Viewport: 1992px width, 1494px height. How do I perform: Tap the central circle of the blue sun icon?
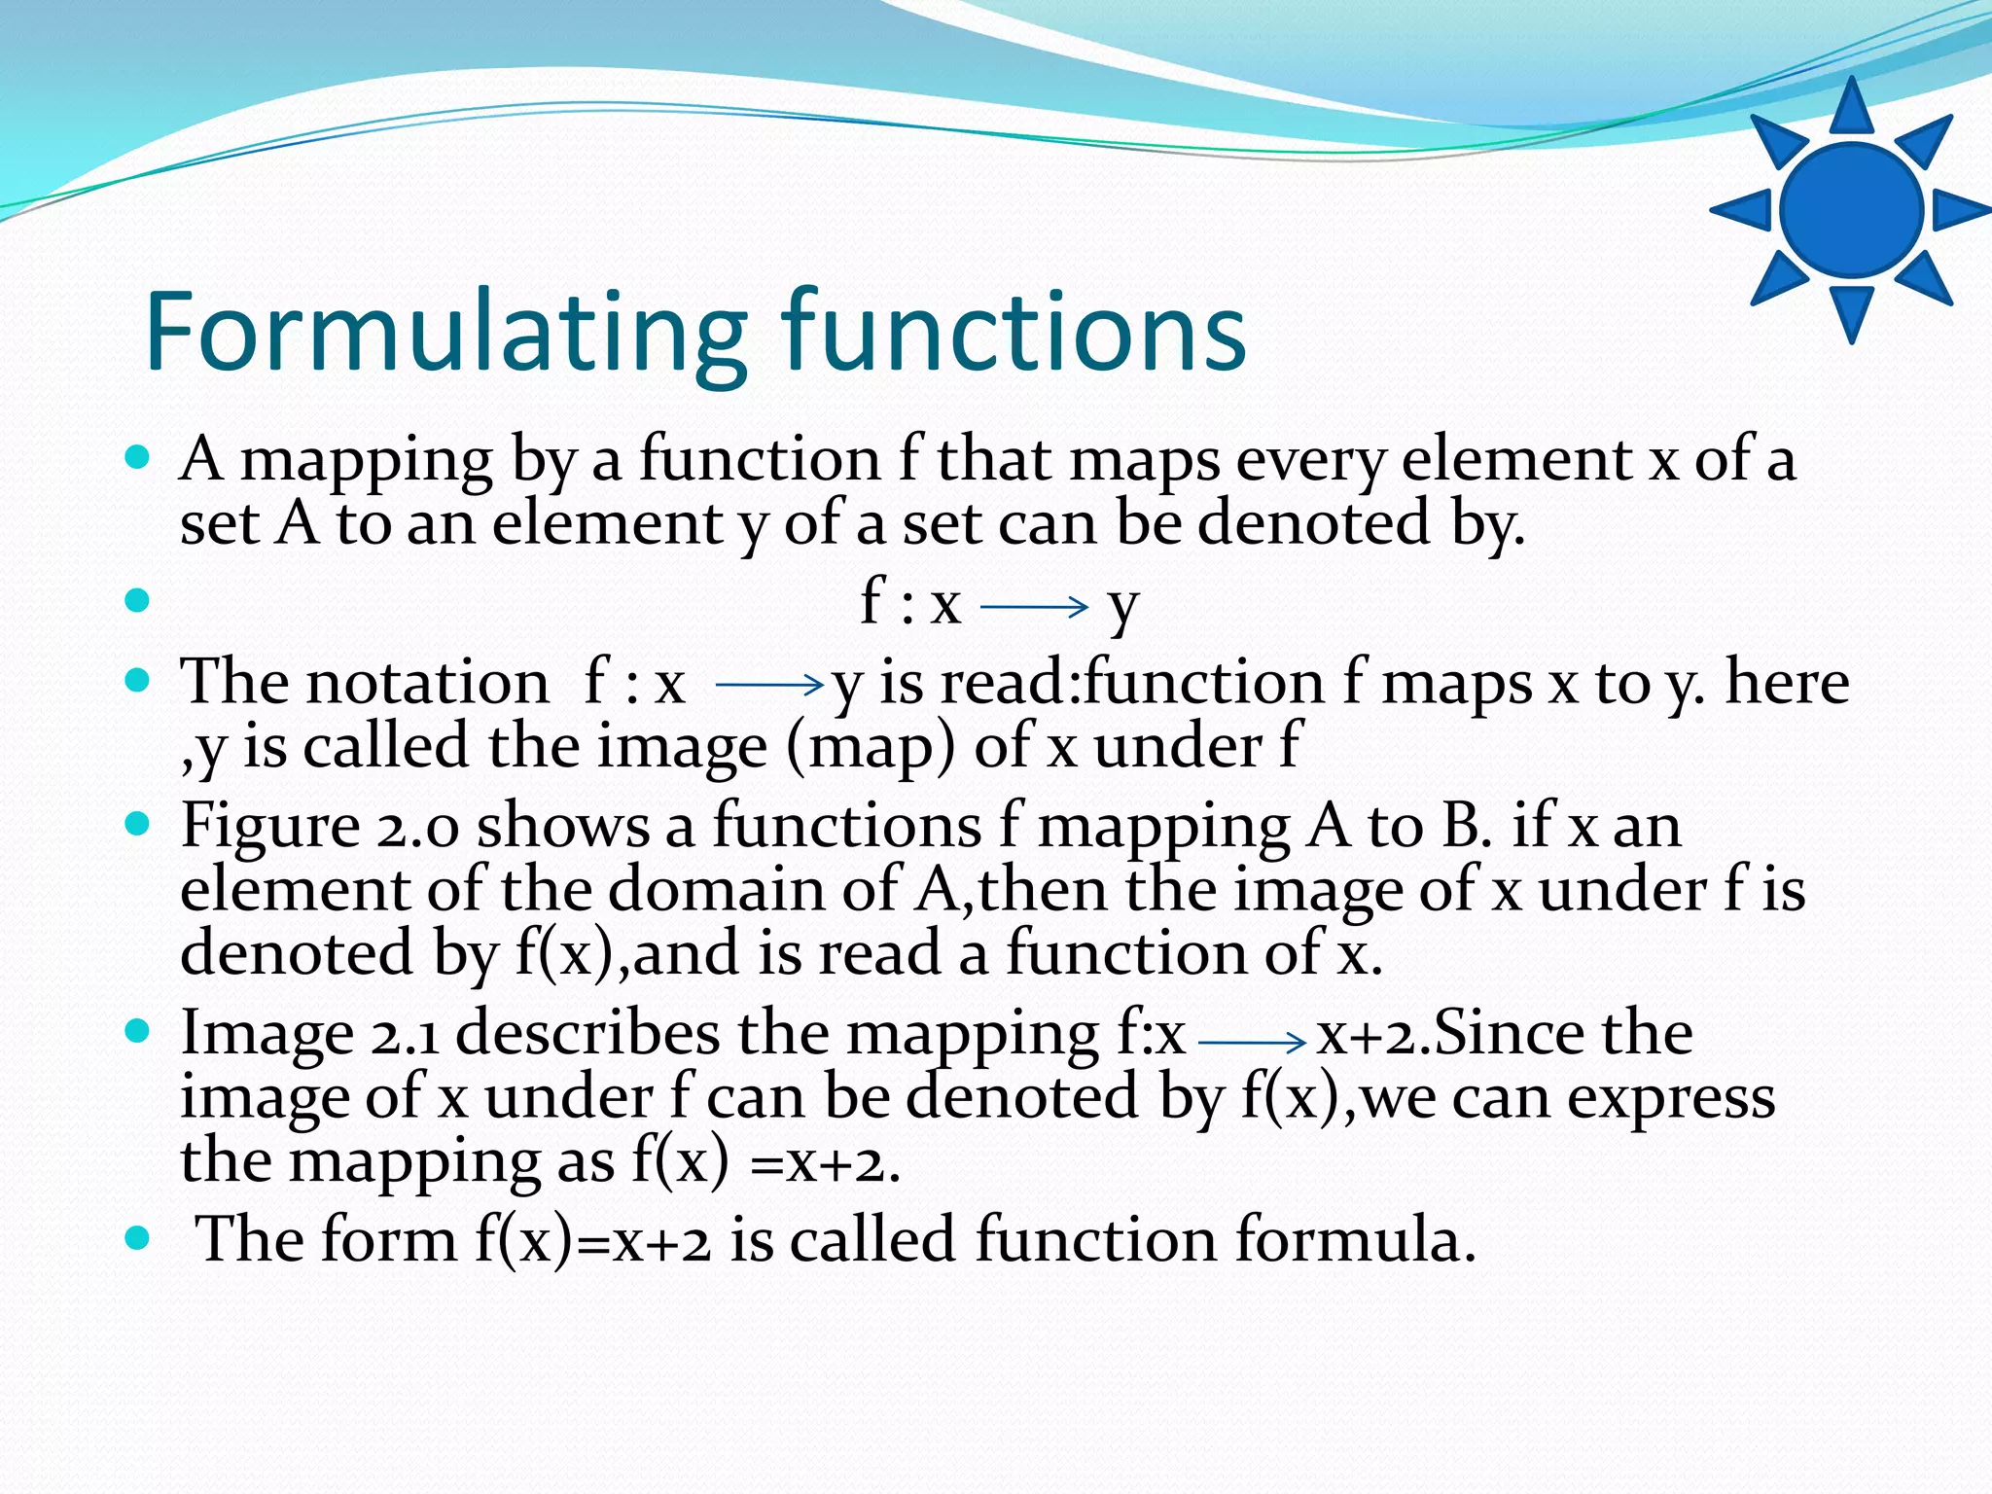point(1851,210)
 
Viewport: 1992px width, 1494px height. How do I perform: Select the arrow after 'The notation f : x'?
point(769,686)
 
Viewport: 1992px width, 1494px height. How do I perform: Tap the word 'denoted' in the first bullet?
point(1314,523)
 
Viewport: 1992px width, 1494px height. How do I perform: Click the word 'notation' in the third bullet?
point(428,682)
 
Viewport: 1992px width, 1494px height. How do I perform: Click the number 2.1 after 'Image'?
point(405,1034)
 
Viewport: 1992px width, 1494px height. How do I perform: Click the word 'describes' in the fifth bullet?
point(587,1032)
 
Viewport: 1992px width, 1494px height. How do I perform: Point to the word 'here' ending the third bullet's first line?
point(1787,682)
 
